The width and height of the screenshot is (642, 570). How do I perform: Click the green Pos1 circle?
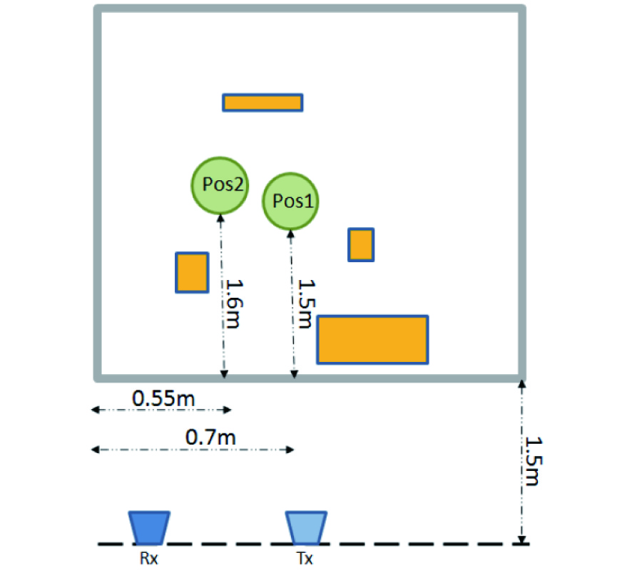pos(290,201)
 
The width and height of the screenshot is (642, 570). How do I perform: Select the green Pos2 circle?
pos(220,185)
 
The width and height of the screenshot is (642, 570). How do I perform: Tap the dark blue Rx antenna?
pos(149,527)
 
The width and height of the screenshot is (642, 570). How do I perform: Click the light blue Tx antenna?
pos(306,527)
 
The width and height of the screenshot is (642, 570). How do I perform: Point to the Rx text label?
pos(148,559)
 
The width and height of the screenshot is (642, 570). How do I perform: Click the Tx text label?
pos(305,559)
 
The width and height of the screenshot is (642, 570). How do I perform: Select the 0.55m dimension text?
pos(163,398)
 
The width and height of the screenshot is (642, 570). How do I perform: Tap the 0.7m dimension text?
pos(210,437)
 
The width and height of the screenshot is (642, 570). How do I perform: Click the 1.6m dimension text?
pos(235,304)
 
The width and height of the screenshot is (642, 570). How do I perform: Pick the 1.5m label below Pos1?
pos(306,304)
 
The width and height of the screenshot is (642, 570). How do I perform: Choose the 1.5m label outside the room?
pos(534,461)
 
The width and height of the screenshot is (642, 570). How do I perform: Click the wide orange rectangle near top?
pos(263,103)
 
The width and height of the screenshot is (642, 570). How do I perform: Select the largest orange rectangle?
pos(372,339)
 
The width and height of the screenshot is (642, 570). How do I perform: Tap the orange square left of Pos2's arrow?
pos(192,272)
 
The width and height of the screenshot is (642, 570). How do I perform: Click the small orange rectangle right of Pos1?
pos(361,245)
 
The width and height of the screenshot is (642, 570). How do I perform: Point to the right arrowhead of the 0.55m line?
pos(228,410)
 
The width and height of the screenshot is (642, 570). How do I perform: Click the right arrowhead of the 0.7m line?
pos(290,450)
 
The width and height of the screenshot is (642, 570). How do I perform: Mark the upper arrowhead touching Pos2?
pos(220,218)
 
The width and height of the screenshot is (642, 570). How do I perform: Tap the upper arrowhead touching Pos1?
pos(291,234)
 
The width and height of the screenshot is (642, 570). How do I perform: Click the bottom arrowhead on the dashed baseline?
pos(521,540)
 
